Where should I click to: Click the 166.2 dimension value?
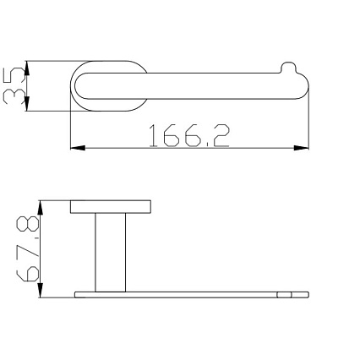pos(189,136)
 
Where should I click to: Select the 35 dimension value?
pos(13,85)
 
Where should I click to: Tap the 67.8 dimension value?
pos(28,248)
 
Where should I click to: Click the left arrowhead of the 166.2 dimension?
pos(78,148)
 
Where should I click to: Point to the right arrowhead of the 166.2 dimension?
pos(302,148)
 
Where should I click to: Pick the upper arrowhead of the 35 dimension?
pos(27,68)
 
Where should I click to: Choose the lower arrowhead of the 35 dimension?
pos(27,103)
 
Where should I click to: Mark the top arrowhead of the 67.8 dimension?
pos(40,208)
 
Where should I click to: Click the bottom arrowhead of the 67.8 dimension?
pos(40,290)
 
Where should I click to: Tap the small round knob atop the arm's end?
pos(287,67)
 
